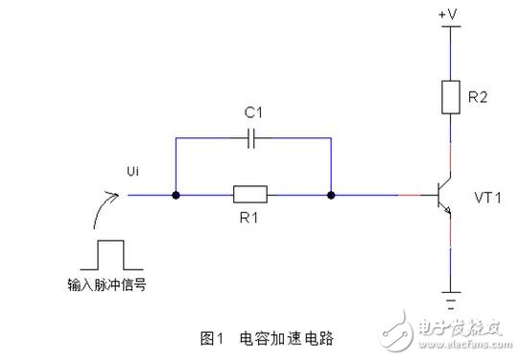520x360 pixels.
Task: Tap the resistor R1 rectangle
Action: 252,196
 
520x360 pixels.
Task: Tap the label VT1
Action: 490,196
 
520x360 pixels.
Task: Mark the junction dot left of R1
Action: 177,196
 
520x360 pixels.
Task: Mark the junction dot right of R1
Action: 330,196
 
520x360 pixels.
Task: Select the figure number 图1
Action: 212,338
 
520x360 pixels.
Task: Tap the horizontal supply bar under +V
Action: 448,27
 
